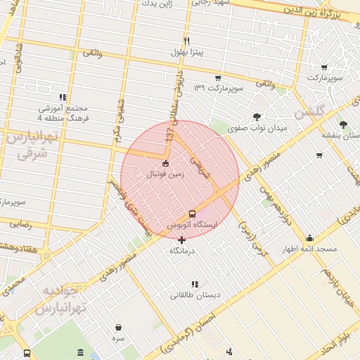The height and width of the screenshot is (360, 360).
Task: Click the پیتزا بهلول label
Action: (x=186, y=53)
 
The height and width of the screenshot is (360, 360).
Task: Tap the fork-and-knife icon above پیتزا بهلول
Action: (x=186, y=41)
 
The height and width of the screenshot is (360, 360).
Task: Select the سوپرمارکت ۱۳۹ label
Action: (x=218, y=88)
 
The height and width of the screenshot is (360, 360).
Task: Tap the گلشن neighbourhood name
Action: (x=310, y=112)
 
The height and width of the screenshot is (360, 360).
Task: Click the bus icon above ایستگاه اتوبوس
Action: (x=192, y=213)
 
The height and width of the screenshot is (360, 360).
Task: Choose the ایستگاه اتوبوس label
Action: (x=192, y=224)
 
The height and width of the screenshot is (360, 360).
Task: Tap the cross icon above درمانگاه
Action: (x=182, y=240)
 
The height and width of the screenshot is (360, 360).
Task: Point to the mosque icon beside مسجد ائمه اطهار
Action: (x=310, y=238)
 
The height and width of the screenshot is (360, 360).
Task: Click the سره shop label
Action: (x=118, y=338)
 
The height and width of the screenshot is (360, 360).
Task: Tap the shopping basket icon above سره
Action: (x=118, y=327)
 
